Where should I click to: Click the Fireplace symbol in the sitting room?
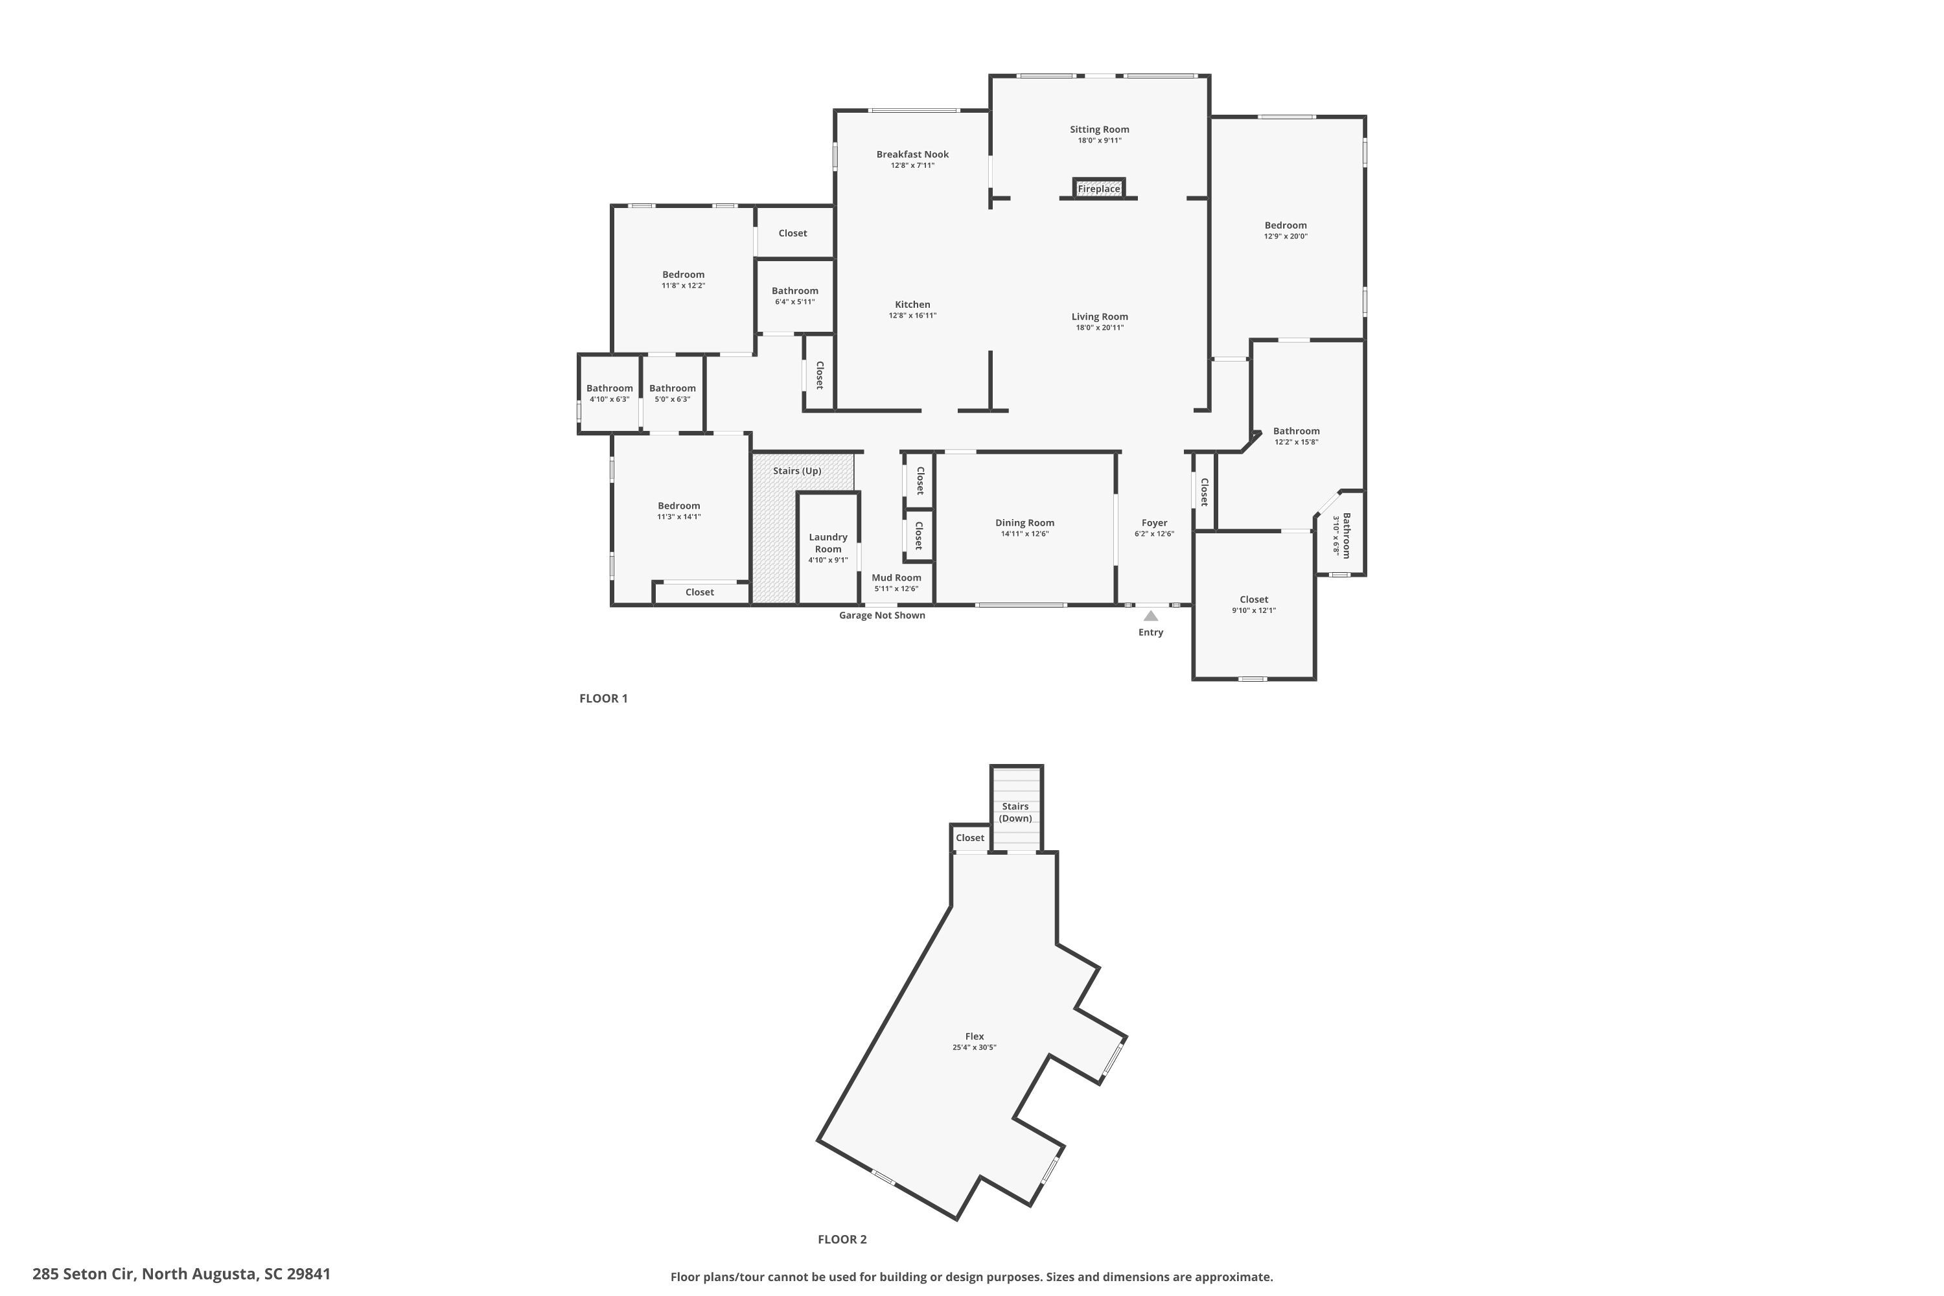(1098, 189)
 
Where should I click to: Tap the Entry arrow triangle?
(1151, 616)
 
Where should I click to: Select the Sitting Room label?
(1099, 130)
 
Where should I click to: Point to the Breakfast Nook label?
(912, 155)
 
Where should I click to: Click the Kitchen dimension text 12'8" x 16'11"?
(912, 316)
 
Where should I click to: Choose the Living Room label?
(1099, 317)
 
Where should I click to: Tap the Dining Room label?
(1024, 522)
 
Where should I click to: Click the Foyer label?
(1154, 522)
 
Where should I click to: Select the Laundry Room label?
(827, 543)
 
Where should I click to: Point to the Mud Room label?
(896, 578)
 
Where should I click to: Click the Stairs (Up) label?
(797, 471)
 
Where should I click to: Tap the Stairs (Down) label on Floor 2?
(1015, 813)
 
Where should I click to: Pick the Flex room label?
(975, 1036)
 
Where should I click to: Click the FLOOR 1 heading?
(603, 699)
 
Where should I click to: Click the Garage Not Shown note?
(882, 615)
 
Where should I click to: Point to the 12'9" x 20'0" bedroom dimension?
(1285, 237)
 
